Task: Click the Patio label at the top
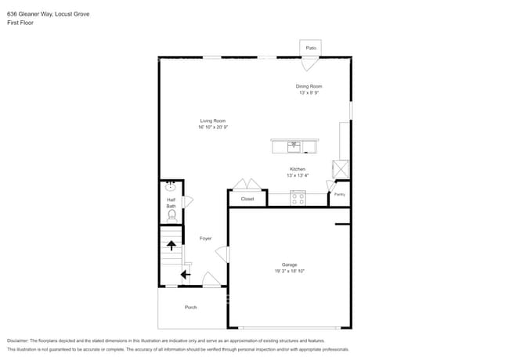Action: pyautogui.click(x=311, y=49)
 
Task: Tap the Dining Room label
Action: pyautogui.click(x=309, y=86)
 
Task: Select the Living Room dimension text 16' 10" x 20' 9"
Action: pyautogui.click(x=213, y=127)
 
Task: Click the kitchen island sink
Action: pyautogui.click(x=294, y=146)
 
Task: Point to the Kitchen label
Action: pyautogui.click(x=298, y=169)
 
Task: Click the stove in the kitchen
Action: pyautogui.click(x=298, y=199)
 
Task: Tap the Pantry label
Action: pyautogui.click(x=340, y=194)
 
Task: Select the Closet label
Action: pyautogui.click(x=247, y=199)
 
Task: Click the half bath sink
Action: pyautogui.click(x=171, y=187)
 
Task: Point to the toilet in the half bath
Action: pyautogui.click(x=171, y=214)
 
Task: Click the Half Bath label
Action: pyautogui.click(x=171, y=203)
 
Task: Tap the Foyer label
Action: pyautogui.click(x=205, y=238)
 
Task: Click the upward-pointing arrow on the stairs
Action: pyautogui.click(x=171, y=245)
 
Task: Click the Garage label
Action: pyautogui.click(x=290, y=265)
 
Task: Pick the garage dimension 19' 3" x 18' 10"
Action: pyautogui.click(x=290, y=272)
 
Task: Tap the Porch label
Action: pyautogui.click(x=191, y=307)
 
